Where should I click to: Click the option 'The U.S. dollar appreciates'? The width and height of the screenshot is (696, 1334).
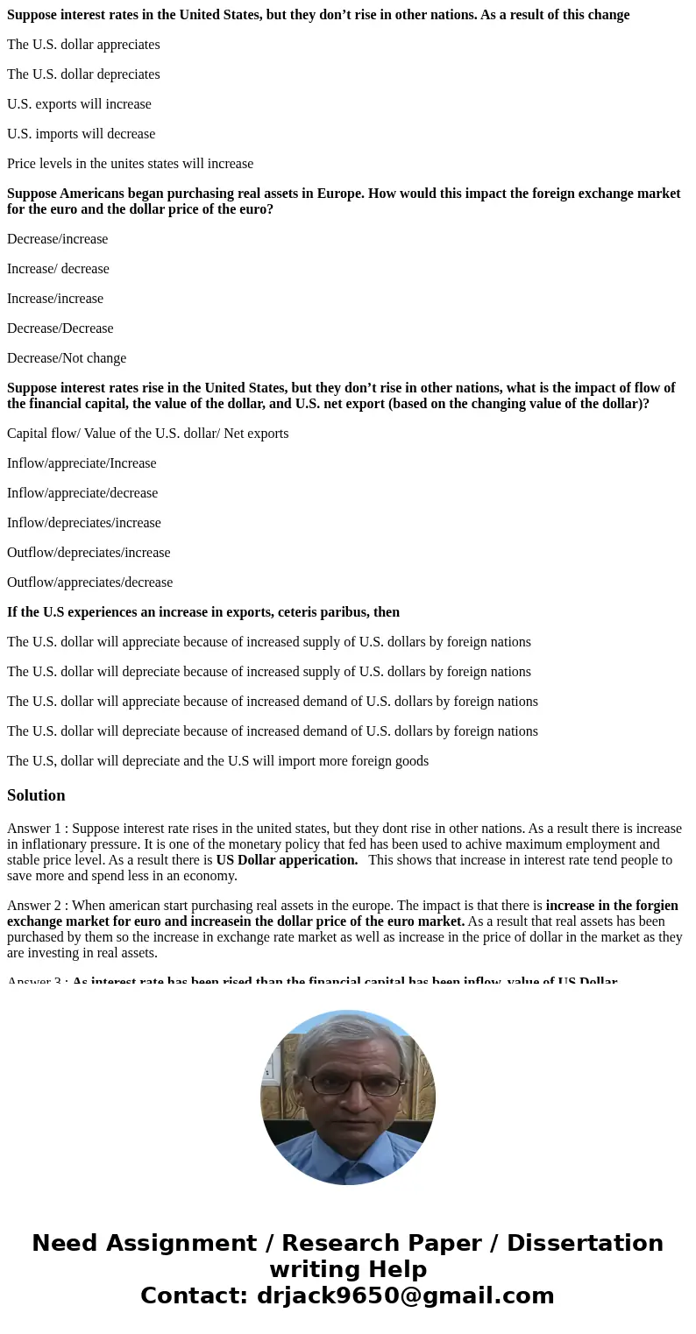tap(83, 45)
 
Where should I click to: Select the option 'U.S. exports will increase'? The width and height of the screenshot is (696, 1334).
tap(79, 104)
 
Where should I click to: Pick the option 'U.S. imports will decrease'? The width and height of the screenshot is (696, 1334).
tap(81, 134)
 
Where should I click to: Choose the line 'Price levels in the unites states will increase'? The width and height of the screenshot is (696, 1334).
tap(130, 164)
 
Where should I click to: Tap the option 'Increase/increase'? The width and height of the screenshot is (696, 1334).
tap(55, 299)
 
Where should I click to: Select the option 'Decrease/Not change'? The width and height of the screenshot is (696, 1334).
tap(67, 358)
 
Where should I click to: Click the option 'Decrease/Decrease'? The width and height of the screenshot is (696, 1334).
tap(60, 328)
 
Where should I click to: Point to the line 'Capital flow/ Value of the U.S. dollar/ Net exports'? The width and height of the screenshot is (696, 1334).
tap(147, 434)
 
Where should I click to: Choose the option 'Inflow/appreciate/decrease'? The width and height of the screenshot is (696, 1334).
tap(82, 493)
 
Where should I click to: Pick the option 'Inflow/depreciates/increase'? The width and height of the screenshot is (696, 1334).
tap(84, 523)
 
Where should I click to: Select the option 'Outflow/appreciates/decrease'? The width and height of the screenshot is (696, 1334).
tap(89, 582)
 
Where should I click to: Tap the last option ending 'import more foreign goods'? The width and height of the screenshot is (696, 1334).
tap(217, 761)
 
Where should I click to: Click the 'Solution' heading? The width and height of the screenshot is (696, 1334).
tap(36, 795)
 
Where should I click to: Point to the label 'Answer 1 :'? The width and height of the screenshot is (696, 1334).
tap(37, 829)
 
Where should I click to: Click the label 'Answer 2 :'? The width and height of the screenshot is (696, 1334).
tap(37, 906)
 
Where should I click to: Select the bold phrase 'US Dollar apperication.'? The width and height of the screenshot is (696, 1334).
tap(287, 860)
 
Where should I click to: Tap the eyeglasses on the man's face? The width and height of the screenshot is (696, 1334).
tap(348, 1083)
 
